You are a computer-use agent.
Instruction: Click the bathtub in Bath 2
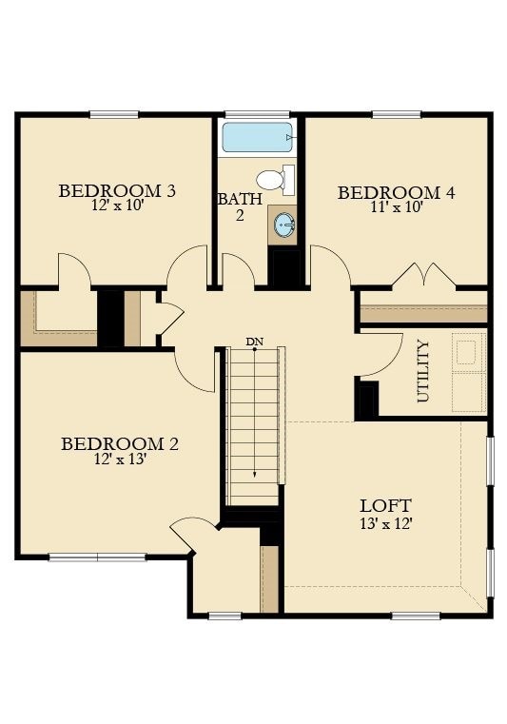[x=257, y=137]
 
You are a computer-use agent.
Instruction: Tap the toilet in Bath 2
[x=276, y=180]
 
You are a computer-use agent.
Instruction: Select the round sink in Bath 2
[x=284, y=225]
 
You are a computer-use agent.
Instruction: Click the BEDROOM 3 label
[x=117, y=190]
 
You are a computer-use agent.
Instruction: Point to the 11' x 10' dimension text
[x=397, y=206]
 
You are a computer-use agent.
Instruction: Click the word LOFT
[x=385, y=505]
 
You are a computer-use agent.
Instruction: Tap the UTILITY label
[x=423, y=371]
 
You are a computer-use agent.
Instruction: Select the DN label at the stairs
[x=254, y=342]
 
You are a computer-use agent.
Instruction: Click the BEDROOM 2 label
[x=120, y=444]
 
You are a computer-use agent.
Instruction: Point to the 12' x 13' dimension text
[x=120, y=459]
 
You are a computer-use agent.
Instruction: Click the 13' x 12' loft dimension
[x=385, y=523]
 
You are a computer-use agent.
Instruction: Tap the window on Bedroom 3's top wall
[x=114, y=114]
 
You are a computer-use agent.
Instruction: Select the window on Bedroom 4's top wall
[x=397, y=114]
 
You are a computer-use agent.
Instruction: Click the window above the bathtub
[x=257, y=114]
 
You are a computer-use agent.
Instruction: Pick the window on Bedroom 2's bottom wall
[x=97, y=558]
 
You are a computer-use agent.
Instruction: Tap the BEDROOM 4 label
[x=397, y=192]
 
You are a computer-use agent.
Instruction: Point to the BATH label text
[x=240, y=200]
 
